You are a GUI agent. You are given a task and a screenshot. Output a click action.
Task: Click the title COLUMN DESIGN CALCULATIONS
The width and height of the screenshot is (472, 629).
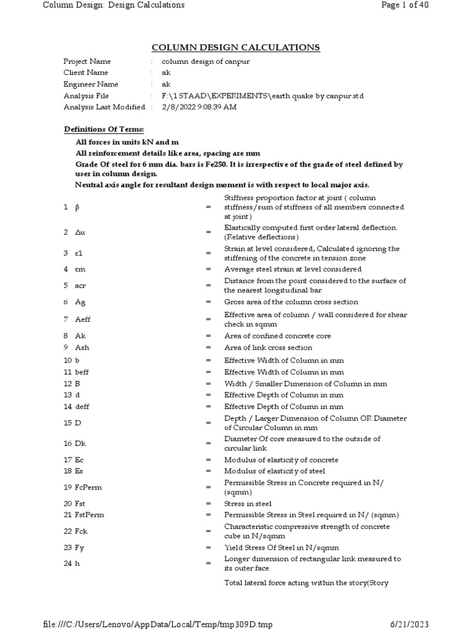(x=236, y=48)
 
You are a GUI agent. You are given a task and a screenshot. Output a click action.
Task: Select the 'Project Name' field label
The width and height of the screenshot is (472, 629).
(x=88, y=62)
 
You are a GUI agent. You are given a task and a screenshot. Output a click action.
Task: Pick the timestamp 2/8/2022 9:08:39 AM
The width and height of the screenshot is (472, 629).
(x=199, y=107)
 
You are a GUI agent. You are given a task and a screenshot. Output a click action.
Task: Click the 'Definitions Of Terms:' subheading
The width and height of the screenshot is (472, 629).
(x=104, y=130)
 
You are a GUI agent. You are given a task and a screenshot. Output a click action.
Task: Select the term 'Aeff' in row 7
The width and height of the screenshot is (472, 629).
(x=83, y=319)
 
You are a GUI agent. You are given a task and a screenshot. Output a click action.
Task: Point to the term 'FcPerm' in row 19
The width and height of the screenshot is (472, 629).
(x=88, y=488)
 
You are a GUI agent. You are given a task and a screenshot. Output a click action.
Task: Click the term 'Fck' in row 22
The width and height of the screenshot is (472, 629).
(x=82, y=531)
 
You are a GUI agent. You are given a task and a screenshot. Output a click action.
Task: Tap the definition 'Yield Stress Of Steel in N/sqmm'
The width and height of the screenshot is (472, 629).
(x=281, y=547)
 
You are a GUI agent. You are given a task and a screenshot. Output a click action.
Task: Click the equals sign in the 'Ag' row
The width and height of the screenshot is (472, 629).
(x=208, y=302)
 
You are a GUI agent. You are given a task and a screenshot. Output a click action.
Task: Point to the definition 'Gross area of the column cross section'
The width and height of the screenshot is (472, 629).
(x=291, y=302)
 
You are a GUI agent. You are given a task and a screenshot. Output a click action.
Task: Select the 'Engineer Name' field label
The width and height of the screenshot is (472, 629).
(x=91, y=84)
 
